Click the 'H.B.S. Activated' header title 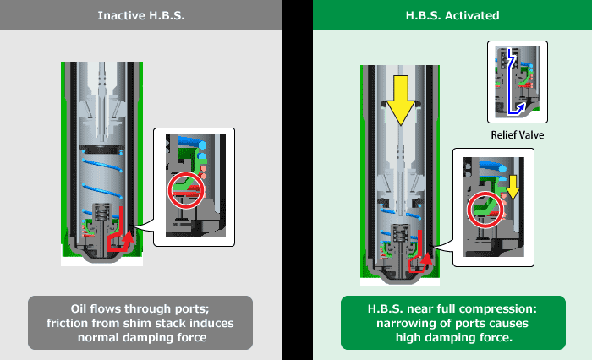coord(452,16)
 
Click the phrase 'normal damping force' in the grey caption coord(140,337)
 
